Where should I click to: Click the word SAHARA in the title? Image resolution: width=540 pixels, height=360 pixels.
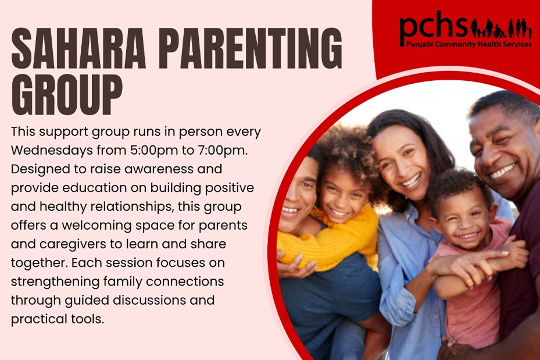(78, 49)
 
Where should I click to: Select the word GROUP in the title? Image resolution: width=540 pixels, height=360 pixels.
(67, 94)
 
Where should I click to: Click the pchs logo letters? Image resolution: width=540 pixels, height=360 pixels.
(433, 26)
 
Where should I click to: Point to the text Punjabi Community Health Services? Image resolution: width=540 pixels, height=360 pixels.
(469, 44)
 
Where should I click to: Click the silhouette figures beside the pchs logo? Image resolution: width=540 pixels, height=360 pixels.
(501, 28)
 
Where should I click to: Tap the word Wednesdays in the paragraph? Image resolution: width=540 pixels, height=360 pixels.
(52, 150)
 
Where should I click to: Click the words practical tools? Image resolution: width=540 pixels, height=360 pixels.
(58, 319)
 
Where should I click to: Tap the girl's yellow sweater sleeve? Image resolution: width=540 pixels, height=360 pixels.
(329, 241)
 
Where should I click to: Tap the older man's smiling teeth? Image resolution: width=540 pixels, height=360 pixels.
(503, 171)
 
